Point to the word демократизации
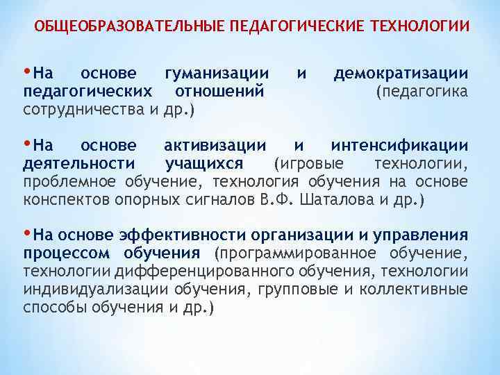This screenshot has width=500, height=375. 401,74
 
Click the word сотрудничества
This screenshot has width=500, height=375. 82,110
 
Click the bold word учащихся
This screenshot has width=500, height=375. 204,164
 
